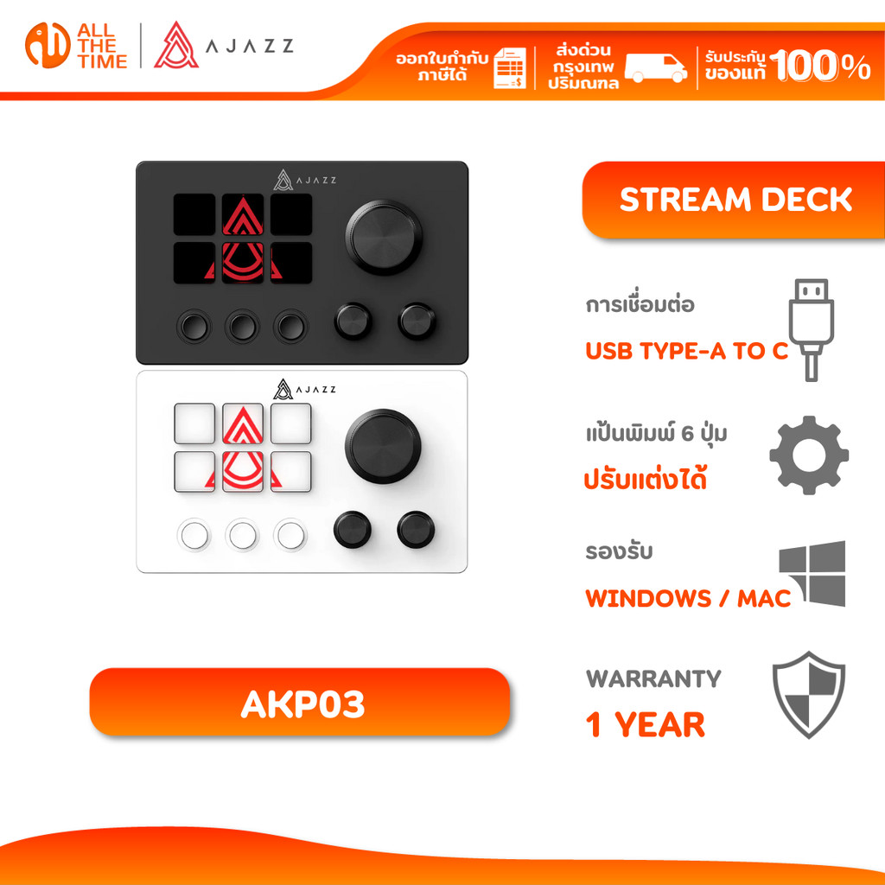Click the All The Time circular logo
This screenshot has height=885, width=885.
click(x=48, y=46)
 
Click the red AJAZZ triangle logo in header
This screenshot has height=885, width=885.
click(x=176, y=46)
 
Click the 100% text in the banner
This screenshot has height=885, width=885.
click(x=821, y=66)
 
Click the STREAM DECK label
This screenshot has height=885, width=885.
click(x=735, y=200)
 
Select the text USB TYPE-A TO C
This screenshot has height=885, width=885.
click(x=687, y=351)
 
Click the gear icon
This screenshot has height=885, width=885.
click(x=809, y=455)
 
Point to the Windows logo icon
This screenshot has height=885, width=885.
click(x=812, y=573)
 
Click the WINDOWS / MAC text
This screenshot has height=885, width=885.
click(x=688, y=598)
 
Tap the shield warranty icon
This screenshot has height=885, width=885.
click(x=809, y=694)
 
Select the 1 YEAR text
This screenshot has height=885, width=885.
click(x=646, y=725)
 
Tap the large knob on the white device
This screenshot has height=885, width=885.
click(x=383, y=447)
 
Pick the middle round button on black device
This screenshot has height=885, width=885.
click(x=242, y=325)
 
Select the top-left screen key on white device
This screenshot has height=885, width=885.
click(x=194, y=423)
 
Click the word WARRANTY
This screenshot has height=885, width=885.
click(x=653, y=678)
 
